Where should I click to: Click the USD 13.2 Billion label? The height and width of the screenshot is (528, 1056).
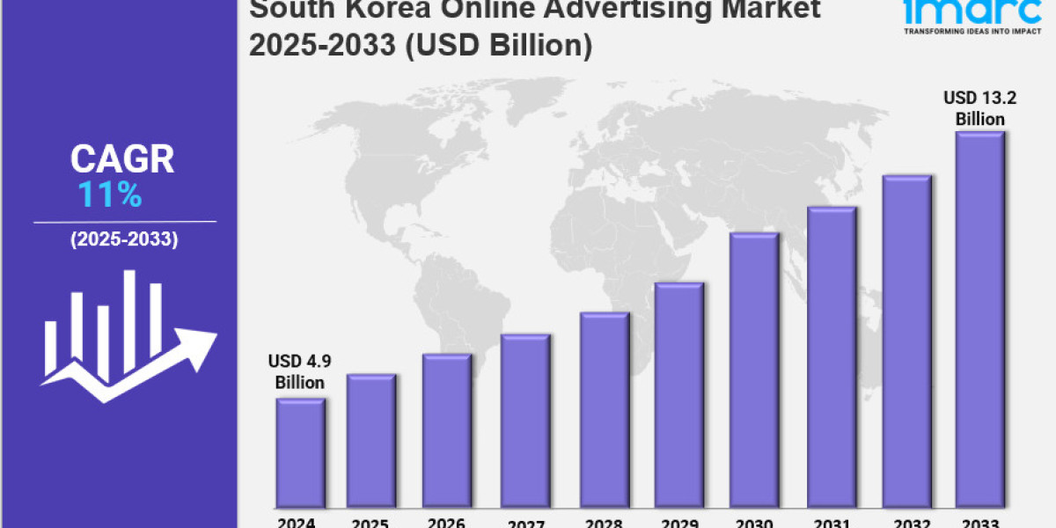coord(974,107)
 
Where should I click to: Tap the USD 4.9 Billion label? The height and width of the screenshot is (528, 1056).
coord(299,371)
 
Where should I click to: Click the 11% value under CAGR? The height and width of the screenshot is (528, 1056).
coord(110,195)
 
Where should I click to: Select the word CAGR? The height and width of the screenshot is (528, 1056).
coord(122,159)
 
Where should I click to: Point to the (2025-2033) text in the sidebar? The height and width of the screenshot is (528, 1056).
coord(123,239)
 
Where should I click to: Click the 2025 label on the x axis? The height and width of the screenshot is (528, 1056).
coord(371,521)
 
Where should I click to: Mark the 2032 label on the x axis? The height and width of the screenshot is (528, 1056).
coord(906,521)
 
